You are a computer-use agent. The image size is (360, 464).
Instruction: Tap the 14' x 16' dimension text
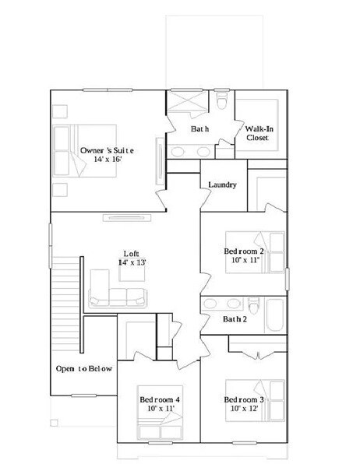(108, 159)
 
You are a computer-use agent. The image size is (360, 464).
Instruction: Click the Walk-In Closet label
(257, 132)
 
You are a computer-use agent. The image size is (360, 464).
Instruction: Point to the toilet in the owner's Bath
(224, 101)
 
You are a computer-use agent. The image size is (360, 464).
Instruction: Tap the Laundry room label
(222, 185)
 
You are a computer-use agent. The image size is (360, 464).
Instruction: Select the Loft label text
(132, 253)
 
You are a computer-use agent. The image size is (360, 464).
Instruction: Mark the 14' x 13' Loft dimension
(132, 262)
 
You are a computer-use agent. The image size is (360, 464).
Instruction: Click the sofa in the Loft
(117, 296)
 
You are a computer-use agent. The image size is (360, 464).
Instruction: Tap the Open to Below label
(83, 368)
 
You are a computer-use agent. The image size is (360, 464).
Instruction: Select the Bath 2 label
(235, 319)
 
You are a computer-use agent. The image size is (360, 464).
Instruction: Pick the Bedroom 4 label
(160, 400)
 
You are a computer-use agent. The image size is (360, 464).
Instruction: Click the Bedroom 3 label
(244, 400)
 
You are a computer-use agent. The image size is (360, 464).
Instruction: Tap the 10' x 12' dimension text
(244, 410)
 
